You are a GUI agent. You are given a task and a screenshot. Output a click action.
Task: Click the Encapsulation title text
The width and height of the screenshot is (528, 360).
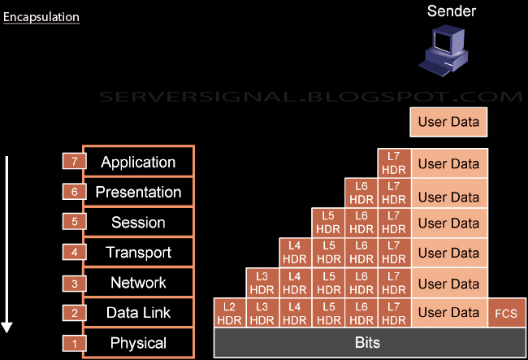click(41, 15)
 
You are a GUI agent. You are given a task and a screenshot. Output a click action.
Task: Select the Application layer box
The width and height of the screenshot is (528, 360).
click(138, 162)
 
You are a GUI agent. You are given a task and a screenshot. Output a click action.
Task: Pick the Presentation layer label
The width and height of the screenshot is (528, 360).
click(138, 192)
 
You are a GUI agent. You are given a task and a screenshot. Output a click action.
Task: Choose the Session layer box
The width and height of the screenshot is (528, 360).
click(138, 222)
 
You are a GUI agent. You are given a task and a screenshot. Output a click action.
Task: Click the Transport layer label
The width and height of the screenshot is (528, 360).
click(138, 252)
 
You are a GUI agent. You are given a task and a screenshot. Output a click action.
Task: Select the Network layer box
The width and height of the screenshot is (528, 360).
click(138, 282)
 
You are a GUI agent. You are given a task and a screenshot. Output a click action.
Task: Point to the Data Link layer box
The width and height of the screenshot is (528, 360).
click(138, 312)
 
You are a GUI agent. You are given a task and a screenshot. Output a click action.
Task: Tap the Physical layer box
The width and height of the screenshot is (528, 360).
click(138, 342)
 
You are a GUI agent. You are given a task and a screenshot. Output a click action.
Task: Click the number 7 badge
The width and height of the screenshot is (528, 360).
click(74, 162)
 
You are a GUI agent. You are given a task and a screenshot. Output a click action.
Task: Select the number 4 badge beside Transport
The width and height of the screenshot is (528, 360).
click(74, 252)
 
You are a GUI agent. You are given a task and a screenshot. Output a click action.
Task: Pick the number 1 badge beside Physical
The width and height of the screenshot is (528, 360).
click(74, 343)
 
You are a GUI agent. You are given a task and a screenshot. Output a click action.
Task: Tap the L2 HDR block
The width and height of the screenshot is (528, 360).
click(229, 313)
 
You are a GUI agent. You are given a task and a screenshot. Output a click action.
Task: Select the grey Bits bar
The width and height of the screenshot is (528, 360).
click(367, 342)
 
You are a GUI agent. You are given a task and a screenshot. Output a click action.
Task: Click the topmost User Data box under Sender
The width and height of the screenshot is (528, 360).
click(448, 123)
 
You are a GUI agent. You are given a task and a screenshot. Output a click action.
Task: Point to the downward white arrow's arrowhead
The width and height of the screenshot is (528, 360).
click(7, 327)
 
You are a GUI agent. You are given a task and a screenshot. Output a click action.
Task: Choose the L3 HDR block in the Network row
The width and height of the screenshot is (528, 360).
click(262, 283)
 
